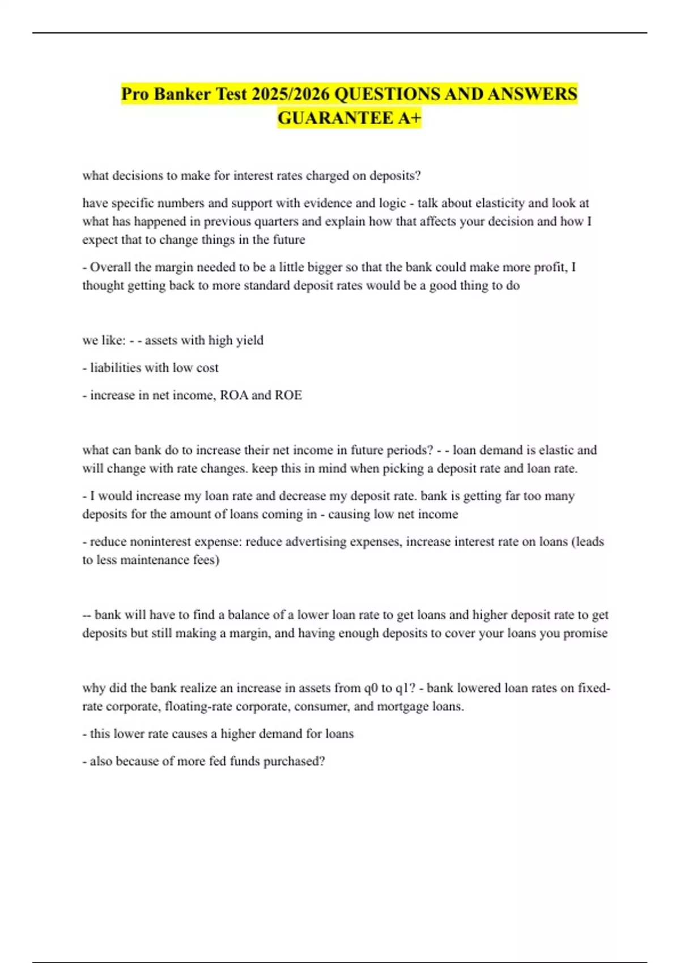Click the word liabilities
[x=116, y=368]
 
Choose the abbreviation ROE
[x=288, y=395]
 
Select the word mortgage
[x=401, y=706]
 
